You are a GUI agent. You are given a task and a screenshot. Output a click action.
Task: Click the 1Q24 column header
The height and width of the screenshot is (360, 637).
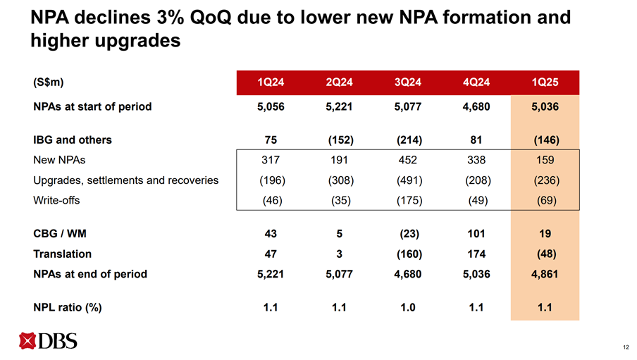click(271, 82)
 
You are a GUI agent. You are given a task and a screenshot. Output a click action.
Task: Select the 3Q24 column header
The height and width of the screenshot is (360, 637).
click(408, 82)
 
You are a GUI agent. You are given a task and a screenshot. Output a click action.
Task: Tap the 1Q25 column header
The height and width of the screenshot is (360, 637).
click(544, 82)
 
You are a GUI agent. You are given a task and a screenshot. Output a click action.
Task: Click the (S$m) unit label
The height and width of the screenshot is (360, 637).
click(49, 82)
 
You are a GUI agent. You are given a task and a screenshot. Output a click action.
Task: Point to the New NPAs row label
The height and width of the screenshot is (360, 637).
click(62, 160)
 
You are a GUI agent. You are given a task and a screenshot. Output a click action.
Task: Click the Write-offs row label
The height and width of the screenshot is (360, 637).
click(56, 200)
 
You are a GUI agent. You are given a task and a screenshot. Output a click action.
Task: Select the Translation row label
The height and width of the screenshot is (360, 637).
click(62, 253)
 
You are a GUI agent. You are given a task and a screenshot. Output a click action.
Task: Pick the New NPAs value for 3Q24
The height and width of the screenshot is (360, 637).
click(408, 160)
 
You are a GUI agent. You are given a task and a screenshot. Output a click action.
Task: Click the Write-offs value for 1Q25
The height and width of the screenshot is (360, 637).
click(544, 200)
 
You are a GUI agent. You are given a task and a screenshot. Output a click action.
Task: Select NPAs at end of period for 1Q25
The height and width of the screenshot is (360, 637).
click(544, 273)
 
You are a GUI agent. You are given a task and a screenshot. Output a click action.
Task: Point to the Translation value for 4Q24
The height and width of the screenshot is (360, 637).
click(476, 253)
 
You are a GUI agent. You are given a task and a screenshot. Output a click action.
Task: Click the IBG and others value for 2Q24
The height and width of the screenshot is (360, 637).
click(340, 139)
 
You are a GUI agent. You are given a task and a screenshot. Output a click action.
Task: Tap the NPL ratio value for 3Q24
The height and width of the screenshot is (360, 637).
click(408, 306)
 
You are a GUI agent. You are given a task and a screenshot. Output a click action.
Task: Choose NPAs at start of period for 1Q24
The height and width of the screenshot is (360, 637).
click(271, 108)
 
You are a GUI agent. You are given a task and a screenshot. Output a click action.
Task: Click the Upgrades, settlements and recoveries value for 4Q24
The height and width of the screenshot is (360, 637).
click(476, 180)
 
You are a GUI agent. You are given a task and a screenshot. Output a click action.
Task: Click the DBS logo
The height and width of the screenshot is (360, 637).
click(49, 342)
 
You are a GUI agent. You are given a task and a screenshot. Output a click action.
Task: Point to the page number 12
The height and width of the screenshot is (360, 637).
click(626, 347)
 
